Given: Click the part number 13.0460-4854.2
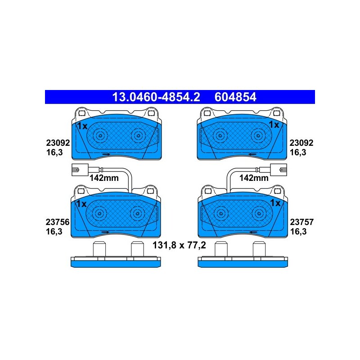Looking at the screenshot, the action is tap(156, 97).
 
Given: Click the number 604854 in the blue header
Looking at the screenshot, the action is tap(235, 97).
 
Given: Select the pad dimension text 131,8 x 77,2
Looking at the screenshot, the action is tap(179, 245).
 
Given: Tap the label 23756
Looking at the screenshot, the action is tap(58, 222).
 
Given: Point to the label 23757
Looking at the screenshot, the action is tap(301, 222).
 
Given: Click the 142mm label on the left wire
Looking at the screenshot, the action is tap(104, 178).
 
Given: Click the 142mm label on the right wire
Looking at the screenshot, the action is tap(254, 178).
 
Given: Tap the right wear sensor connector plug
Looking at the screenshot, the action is tap(279, 170).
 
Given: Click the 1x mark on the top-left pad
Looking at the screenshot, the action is tap(82, 126).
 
